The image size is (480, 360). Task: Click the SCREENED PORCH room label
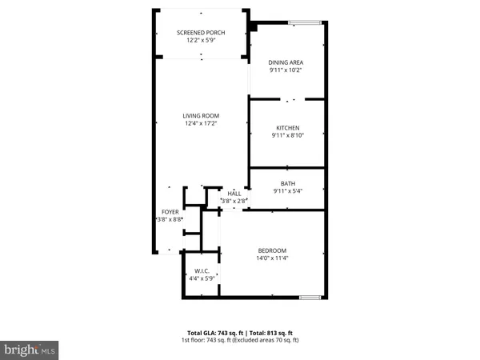click(x=201, y=32)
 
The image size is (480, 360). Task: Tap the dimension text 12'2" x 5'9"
click(x=201, y=40)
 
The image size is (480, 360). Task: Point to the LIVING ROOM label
click(x=200, y=116)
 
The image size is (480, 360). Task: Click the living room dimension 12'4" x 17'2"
click(x=200, y=124)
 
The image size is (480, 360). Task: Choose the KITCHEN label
click(x=287, y=128)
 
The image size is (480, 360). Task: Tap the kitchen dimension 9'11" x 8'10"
click(x=287, y=136)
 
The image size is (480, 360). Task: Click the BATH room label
click(x=287, y=183)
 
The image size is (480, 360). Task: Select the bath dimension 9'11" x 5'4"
click(x=287, y=191)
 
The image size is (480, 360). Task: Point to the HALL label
click(x=234, y=194)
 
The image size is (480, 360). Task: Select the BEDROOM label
click(x=272, y=250)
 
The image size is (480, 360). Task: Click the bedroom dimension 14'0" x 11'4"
click(x=272, y=258)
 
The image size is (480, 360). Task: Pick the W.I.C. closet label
click(x=202, y=271)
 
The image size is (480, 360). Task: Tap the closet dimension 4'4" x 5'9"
click(x=202, y=279)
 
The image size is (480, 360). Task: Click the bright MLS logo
click(x=30, y=349)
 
